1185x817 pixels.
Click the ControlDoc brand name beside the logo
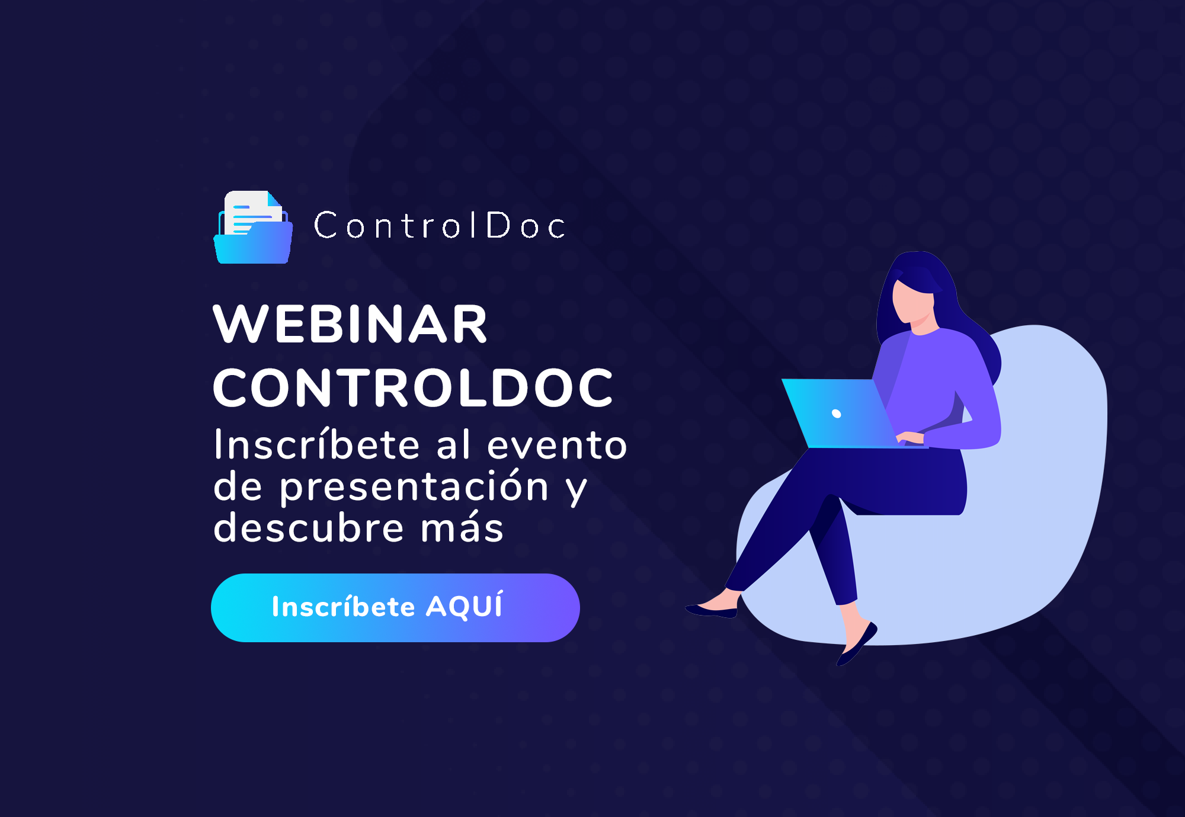click(439, 226)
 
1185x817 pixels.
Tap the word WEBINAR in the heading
click(350, 324)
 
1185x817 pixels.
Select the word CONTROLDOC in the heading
click(412, 388)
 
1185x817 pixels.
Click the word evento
click(556, 445)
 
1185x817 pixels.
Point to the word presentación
click(414, 487)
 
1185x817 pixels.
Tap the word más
click(462, 527)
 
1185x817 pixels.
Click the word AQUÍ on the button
click(464, 606)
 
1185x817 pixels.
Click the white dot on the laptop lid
click(837, 414)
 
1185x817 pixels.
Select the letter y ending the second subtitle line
click(575, 489)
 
